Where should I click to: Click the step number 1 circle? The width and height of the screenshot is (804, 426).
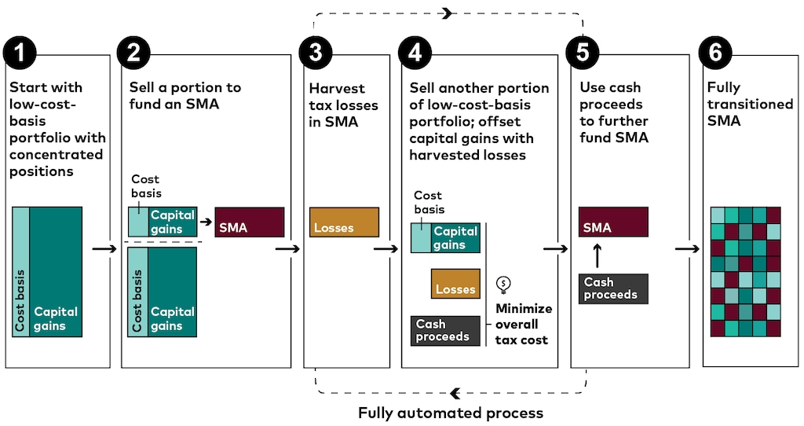tap(20, 53)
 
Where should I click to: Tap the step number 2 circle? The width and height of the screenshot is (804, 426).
tap(133, 53)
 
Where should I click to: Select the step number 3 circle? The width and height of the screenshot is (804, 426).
tap(316, 53)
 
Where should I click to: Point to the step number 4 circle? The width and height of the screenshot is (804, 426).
tap(415, 53)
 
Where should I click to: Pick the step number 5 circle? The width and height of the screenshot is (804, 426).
tap(583, 53)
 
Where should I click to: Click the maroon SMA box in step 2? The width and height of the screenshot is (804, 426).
tap(250, 222)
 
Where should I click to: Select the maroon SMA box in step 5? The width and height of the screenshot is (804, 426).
tap(613, 222)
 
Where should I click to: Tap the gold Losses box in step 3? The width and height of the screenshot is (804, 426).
tap(344, 222)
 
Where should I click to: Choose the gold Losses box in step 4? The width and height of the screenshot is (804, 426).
tap(455, 284)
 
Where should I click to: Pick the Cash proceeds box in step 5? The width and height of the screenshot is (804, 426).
tap(613, 288)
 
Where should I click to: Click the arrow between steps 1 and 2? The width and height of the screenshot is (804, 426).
tap(104, 248)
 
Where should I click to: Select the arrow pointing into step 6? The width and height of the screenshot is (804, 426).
tap(687, 248)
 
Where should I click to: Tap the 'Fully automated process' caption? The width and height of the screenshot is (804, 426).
tap(450, 413)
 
